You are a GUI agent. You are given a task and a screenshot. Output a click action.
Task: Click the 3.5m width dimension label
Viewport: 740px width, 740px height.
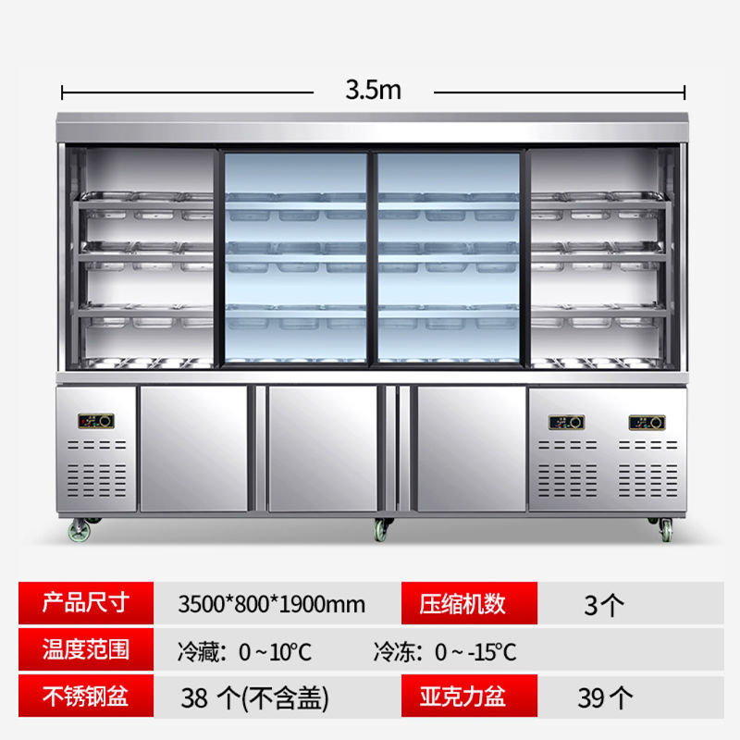[373, 90]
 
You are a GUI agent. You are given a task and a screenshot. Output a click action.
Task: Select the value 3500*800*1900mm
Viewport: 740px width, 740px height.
[271, 605]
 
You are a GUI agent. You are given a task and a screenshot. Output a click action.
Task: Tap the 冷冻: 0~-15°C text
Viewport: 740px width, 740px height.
[445, 651]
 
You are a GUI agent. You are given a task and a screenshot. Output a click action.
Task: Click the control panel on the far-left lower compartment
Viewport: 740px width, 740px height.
[95, 421]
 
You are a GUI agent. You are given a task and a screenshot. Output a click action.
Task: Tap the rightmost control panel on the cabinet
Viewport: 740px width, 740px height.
[647, 423]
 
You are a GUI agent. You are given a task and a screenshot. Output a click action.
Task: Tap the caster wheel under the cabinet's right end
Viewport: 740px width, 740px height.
[664, 529]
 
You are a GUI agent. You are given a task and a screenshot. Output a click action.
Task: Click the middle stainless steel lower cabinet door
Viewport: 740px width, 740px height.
[323, 448]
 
